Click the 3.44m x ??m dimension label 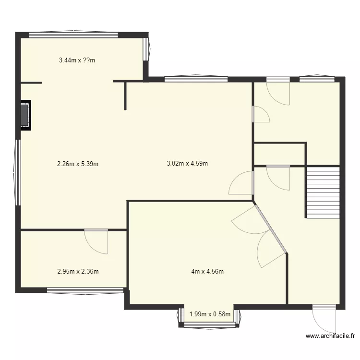[x=77, y=60]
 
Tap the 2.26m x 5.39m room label [x=77, y=164]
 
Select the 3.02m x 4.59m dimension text [x=187, y=164]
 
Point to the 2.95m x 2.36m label [x=78, y=272]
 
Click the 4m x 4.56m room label [x=207, y=272]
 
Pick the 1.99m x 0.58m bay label [x=210, y=315]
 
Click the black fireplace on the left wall [x=24, y=115]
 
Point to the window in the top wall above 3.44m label [x=73, y=35]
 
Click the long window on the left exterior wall [x=18, y=173]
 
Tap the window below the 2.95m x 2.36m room [x=85, y=289]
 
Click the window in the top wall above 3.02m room [x=195, y=78]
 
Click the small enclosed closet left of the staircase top [x=279, y=154]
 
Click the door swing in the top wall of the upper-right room [x=279, y=91]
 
